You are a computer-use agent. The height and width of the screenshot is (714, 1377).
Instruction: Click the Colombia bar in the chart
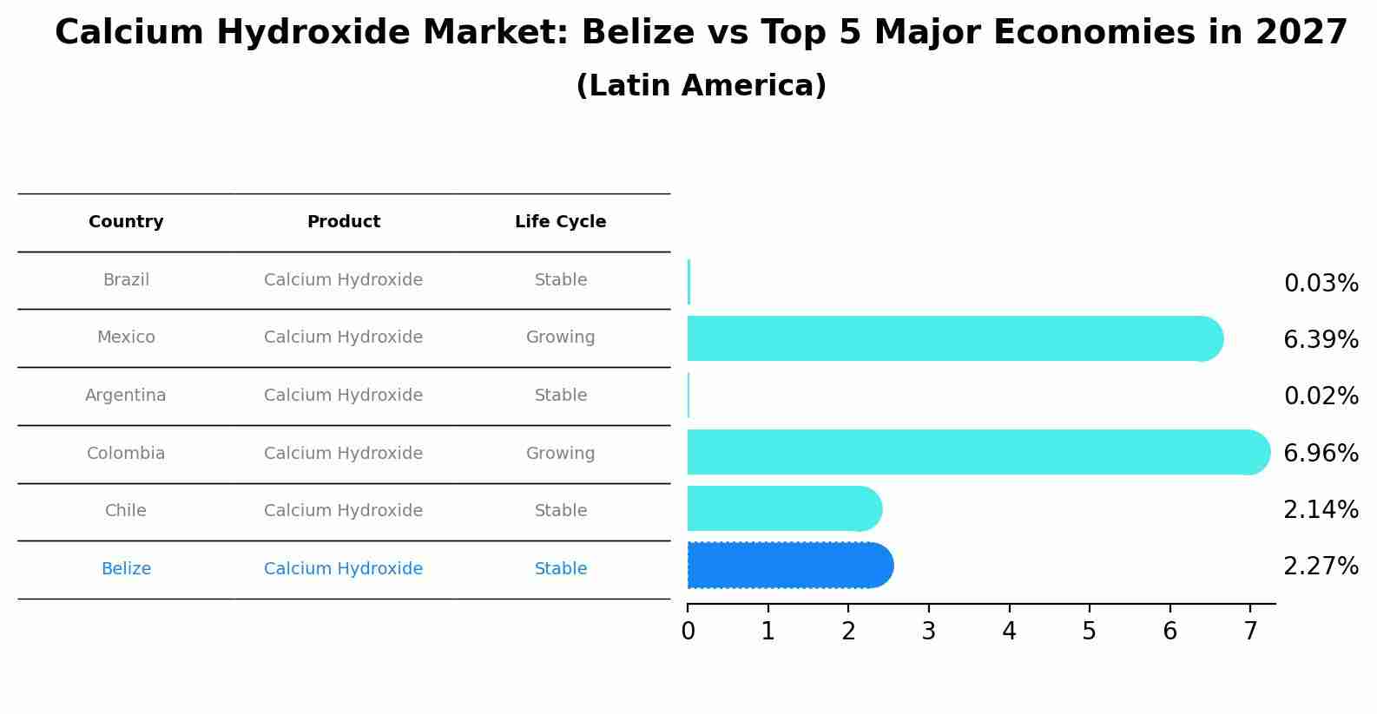coord(972,452)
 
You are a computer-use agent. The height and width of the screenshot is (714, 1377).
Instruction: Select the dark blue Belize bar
coord(786,566)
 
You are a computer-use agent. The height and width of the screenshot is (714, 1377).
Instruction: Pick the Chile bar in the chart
coord(781,508)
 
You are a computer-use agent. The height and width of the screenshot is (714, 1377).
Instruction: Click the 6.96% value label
coord(1321,453)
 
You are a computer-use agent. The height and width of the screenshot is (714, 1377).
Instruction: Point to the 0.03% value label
coord(1321,284)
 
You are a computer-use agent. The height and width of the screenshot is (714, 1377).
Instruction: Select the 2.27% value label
coord(1321,567)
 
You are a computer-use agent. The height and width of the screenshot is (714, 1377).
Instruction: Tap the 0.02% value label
coord(1321,396)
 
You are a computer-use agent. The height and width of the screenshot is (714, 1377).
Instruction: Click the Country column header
coord(126,222)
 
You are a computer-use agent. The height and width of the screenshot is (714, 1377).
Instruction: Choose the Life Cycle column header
coord(560,222)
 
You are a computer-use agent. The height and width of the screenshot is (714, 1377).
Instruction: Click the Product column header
coord(343,222)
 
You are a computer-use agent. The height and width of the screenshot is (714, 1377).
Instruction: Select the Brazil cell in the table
coord(126,280)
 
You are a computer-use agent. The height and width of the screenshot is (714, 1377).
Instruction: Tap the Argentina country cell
coord(126,396)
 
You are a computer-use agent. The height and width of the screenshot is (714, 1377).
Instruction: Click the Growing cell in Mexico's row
coord(560,337)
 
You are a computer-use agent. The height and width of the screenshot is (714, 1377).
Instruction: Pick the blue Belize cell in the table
coord(126,569)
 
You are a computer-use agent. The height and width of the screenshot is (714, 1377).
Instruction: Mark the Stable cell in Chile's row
coord(560,511)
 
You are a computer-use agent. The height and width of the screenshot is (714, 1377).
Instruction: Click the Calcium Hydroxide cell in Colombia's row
coord(343,454)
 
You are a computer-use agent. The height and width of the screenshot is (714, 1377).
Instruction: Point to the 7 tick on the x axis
coord(1250,632)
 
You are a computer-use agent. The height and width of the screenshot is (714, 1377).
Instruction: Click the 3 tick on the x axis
coord(929,632)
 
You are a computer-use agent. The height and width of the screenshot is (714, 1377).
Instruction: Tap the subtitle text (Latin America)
coord(701,86)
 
